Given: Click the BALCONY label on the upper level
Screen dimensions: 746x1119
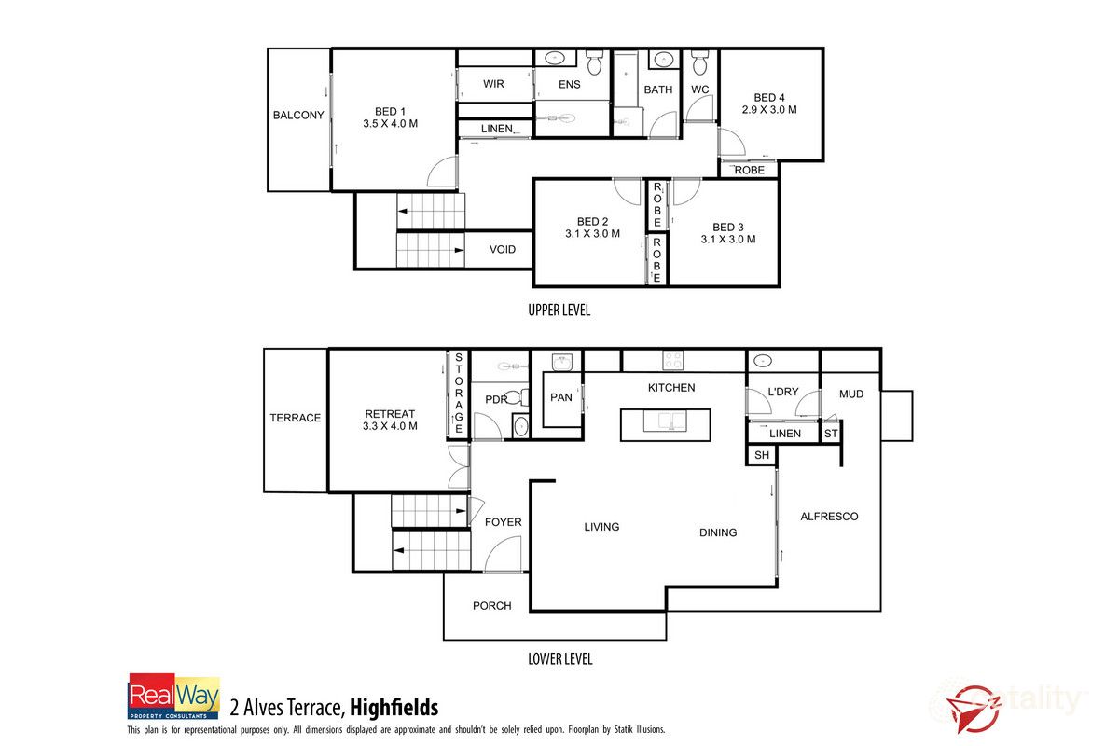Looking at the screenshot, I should (298, 116).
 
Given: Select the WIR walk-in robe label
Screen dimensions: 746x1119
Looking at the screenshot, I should (493, 84).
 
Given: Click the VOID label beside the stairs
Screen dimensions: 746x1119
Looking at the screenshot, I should (503, 250).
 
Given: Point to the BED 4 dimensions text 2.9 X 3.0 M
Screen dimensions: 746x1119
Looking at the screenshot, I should (769, 110).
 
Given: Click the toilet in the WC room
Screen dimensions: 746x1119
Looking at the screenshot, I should (700, 64).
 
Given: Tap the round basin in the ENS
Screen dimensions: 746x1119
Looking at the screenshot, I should (558, 58).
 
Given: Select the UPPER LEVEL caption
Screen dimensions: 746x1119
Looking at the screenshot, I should (559, 311).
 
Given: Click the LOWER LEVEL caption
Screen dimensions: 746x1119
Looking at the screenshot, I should (559, 659).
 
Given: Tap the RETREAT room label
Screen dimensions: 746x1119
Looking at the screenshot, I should (390, 414).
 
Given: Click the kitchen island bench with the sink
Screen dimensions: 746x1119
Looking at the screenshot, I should (666, 424).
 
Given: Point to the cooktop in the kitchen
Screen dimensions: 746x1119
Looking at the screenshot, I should (672, 359).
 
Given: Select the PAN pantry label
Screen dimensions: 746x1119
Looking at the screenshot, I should (561, 397).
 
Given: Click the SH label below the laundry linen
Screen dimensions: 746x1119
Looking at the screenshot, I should (761, 455).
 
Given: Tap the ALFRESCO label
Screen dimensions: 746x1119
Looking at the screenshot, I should (828, 517).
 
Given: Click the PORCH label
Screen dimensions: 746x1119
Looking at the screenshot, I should (491, 606).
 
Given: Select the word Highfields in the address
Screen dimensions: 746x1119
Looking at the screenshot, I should (394, 708).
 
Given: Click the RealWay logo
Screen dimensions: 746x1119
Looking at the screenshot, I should (173, 697).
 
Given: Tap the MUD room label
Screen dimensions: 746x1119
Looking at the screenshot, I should (850, 394).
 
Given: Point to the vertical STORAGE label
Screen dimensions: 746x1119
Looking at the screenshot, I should (459, 392).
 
